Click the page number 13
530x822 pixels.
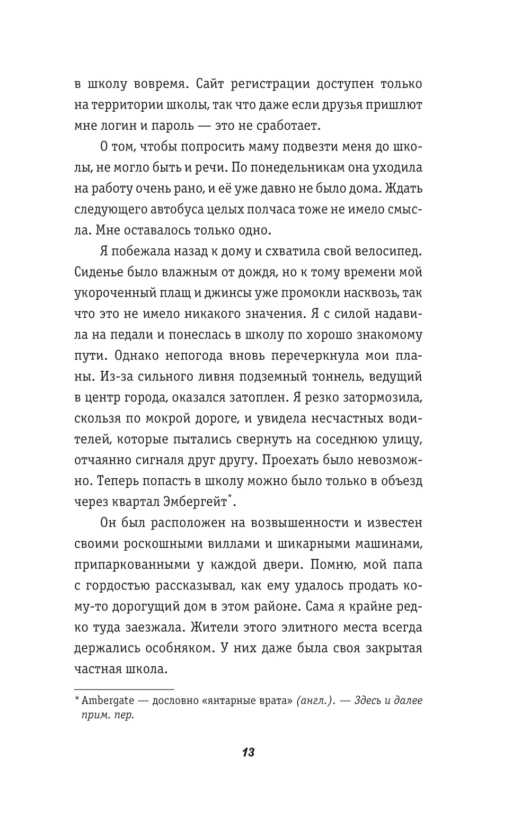coord(248,752)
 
